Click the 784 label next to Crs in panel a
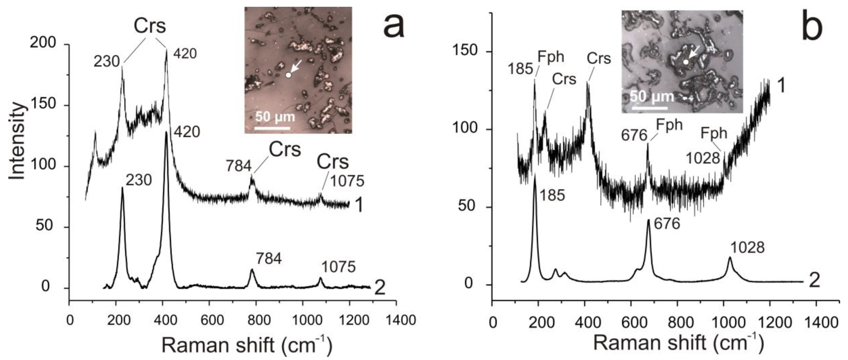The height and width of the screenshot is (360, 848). coord(239,166)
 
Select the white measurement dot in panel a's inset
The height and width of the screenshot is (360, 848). coord(288,75)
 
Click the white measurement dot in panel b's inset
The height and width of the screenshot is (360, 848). coord(685,62)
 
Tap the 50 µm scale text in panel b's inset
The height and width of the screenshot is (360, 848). coord(652,97)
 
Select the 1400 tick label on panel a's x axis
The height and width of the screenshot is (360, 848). coord(396,320)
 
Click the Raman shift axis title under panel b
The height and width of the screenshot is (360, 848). coord(678,343)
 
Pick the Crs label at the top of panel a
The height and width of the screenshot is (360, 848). coord(150,26)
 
